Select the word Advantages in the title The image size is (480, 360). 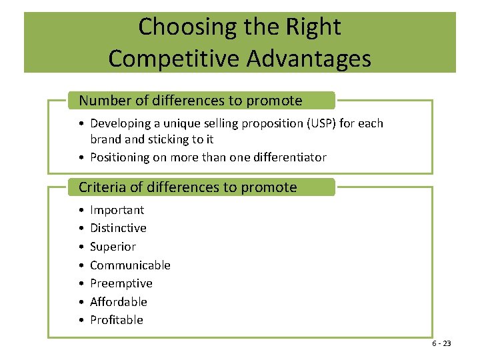(x=309, y=59)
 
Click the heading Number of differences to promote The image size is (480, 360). (x=190, y=101)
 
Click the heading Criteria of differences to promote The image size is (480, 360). (x=187, y=187)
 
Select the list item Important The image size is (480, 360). (x=117, y=210)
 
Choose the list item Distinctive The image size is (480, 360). (x=118, y=228)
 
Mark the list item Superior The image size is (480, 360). (x=113, y=247)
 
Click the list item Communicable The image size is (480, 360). (x=130, y=265)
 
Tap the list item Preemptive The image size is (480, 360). (x=121, y=283)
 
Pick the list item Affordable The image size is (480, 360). (x=118, y=302)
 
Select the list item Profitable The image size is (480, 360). (x=116, y=320)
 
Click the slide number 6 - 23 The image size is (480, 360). (x=441, y=343)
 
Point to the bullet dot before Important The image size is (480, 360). (x=80, y=211)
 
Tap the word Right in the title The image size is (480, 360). (x=313, y=27)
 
